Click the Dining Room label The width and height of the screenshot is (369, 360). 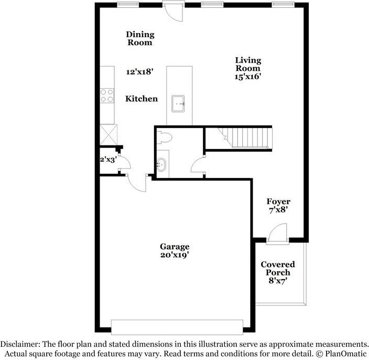140,38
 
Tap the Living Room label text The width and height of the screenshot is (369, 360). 247,64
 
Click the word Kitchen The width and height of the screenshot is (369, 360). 141,98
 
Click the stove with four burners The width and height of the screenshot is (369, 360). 107,95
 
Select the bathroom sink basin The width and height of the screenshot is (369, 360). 162,164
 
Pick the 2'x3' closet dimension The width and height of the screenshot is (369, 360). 108,158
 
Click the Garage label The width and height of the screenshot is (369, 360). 175,246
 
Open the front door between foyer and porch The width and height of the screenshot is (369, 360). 276,234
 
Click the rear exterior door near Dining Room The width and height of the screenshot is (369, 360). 171,10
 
